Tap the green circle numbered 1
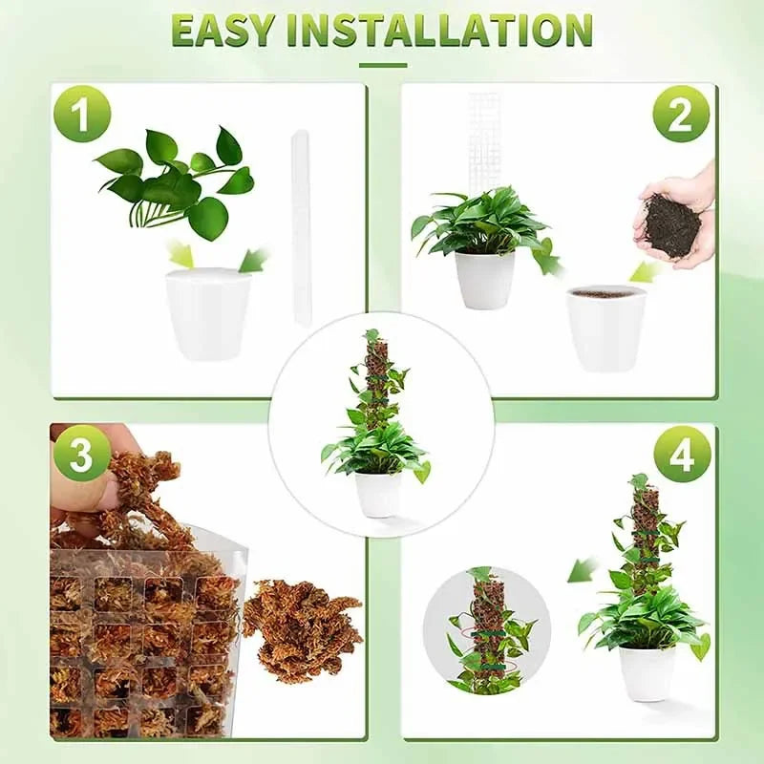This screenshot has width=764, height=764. coord(82,114)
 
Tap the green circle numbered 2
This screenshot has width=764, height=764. coord(681,114)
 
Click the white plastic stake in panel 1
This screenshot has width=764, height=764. coord(301,229)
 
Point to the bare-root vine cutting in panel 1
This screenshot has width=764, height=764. coord(177,181)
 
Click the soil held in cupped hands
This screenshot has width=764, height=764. coord(673,224)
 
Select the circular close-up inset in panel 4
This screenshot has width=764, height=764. coord(486,630)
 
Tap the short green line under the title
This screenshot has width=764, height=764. coord(382,65)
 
